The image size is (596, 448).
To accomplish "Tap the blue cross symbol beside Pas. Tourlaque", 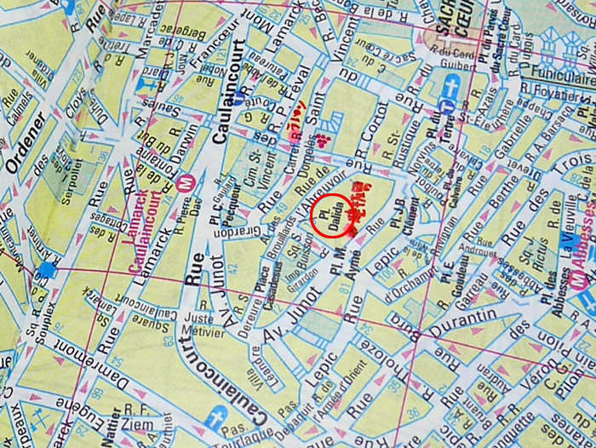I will click(x=218, y=418).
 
